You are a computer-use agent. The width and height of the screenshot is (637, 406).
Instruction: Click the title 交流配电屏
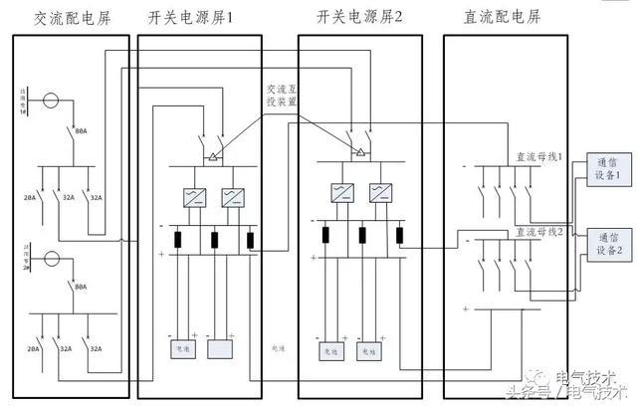coord(71,17)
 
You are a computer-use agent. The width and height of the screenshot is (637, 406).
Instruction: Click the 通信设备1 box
coord(606,167)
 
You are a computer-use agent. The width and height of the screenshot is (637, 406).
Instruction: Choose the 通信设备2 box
coord(608,244)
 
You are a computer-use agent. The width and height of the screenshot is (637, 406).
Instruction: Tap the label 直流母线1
coord(538,156)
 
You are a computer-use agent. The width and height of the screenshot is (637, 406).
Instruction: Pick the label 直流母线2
coord(538,232)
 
